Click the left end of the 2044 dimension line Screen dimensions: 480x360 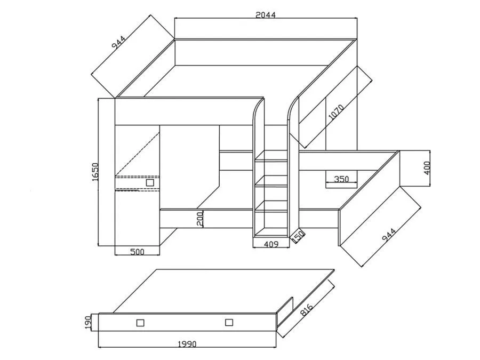point(174,18)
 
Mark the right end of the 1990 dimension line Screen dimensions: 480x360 point(276,347)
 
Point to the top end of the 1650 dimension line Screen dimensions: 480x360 point(98,99)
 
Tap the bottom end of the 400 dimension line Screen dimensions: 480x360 point(430,186)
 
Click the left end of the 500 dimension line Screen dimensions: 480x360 point(115,255)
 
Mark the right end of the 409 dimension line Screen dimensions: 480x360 point(289,247)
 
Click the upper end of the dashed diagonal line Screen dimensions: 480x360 point(159,133)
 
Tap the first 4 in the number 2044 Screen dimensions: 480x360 point(267,15)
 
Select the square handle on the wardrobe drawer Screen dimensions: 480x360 point(150,183)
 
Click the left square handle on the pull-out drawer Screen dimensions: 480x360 point(140,323)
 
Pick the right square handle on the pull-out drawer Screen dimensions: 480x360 point(229,322)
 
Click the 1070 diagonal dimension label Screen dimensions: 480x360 point(336,112)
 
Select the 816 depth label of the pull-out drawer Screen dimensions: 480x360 point(306,309)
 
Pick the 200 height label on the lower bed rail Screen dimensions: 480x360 point(200,219)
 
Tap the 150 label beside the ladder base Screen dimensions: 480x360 point(298,236)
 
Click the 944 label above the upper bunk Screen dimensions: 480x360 point(118,43)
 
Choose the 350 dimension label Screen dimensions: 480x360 point(341,179)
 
